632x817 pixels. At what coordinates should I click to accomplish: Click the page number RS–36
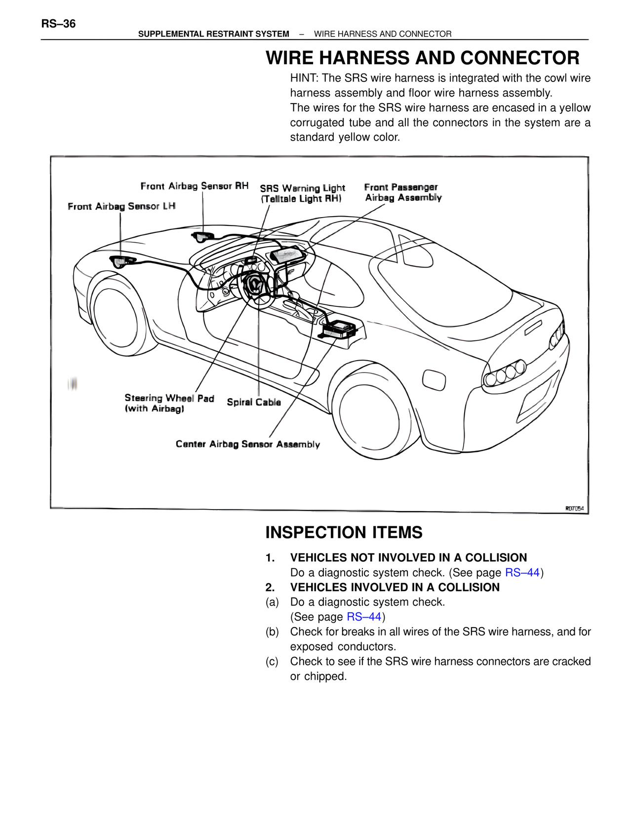pos(58,24)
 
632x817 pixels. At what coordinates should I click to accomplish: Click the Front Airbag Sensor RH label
pos(194,186)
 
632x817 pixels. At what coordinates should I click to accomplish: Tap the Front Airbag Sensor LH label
pos(121,206)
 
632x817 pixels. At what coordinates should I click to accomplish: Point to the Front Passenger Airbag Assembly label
pos(402,192)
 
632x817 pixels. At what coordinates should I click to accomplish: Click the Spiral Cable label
pos(254,402)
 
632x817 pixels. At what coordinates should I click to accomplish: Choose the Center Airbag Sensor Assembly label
pos(247,444)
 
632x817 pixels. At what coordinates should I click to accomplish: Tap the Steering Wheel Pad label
pos(169,403)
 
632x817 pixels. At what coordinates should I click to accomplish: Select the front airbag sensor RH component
pos(202,237)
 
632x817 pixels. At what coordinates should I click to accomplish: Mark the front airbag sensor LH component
pos(120,261)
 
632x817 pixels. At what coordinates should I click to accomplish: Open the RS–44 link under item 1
pos(522,572)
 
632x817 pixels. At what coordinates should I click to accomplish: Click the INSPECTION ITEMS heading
pos(344,532)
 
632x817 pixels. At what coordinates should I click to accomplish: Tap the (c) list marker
pos(272,661)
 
